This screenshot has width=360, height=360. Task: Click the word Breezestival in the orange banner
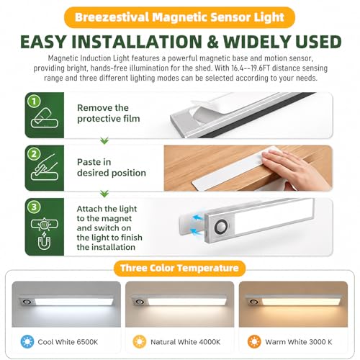[x=112, y=17]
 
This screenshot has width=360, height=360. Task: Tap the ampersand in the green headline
[x=212, y=42]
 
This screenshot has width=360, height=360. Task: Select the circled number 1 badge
[x=34, y=102]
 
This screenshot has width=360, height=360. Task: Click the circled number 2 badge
[x=34, y=154]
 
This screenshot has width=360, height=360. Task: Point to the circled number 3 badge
[x=34, y=207]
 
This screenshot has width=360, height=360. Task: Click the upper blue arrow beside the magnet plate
[x=197, y=218]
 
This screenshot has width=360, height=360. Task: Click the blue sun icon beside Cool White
[x=27, y=342]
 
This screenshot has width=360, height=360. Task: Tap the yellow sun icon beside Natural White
[x=140, y=342]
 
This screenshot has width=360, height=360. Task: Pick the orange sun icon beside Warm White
[x=254, y=342]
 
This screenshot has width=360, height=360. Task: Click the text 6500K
[x=86, y=342]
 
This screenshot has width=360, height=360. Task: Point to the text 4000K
[x=208, y=342]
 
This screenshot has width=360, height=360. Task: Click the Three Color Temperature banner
[x=179, y=268]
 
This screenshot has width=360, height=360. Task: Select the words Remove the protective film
[x=109, y=113]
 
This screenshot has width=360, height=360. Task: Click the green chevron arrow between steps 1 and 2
[x=104, y=141]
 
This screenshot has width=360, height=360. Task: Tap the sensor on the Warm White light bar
[x=254, y=302]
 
